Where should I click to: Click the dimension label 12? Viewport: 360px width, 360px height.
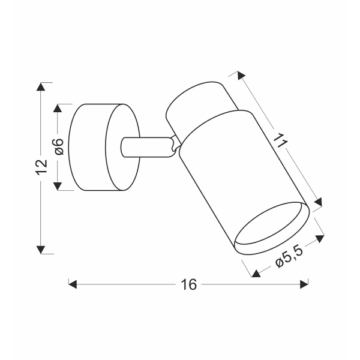41,167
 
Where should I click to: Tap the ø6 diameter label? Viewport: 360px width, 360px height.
59,147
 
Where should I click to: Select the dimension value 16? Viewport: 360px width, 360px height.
188,284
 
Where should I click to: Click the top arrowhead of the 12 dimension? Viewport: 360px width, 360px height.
41,86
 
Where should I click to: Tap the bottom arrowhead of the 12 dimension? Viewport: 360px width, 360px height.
41,249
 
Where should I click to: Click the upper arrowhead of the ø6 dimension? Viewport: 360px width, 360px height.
59,108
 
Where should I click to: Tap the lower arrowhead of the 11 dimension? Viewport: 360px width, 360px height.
319,202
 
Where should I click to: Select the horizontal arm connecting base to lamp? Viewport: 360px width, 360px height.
144,147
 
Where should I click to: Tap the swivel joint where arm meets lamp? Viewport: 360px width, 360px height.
175,146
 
